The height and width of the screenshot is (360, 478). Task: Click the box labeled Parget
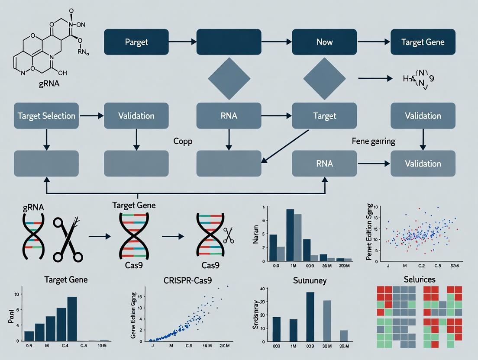(x=136, y=42)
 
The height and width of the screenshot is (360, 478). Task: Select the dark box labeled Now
(x=324, y=42)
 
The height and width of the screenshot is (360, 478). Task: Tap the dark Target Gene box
(x=423, y=42)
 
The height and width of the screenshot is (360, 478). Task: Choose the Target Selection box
(x=46, y=116)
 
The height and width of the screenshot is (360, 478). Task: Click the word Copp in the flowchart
(x=182, y=141)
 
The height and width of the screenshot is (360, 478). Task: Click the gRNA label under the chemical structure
(x=48, y=84)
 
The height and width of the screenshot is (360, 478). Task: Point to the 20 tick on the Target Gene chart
(x=17, y=294)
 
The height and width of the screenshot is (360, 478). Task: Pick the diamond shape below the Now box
(x=324, y=78)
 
